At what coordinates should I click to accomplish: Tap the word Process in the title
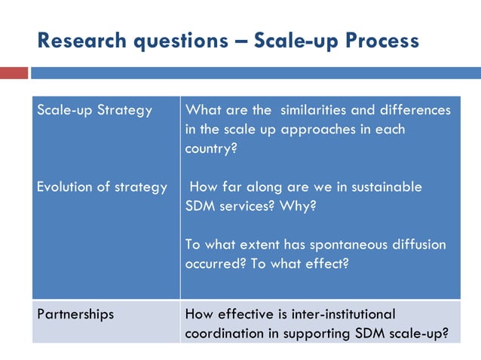tap(381, 41)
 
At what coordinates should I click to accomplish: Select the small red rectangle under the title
tap(14, 73)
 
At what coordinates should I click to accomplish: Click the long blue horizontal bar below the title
tap(255, 73)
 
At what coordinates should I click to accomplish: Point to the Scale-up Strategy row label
tap(94, 110)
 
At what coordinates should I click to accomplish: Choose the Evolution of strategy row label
tap(102, 187)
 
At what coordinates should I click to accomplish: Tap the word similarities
tap(316, 110)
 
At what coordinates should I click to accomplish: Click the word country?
tap(211, 148)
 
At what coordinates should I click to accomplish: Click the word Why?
tap(297, 206)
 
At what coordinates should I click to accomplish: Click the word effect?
tap(329, 264)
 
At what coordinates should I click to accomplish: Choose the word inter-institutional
tap(339, 314)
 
